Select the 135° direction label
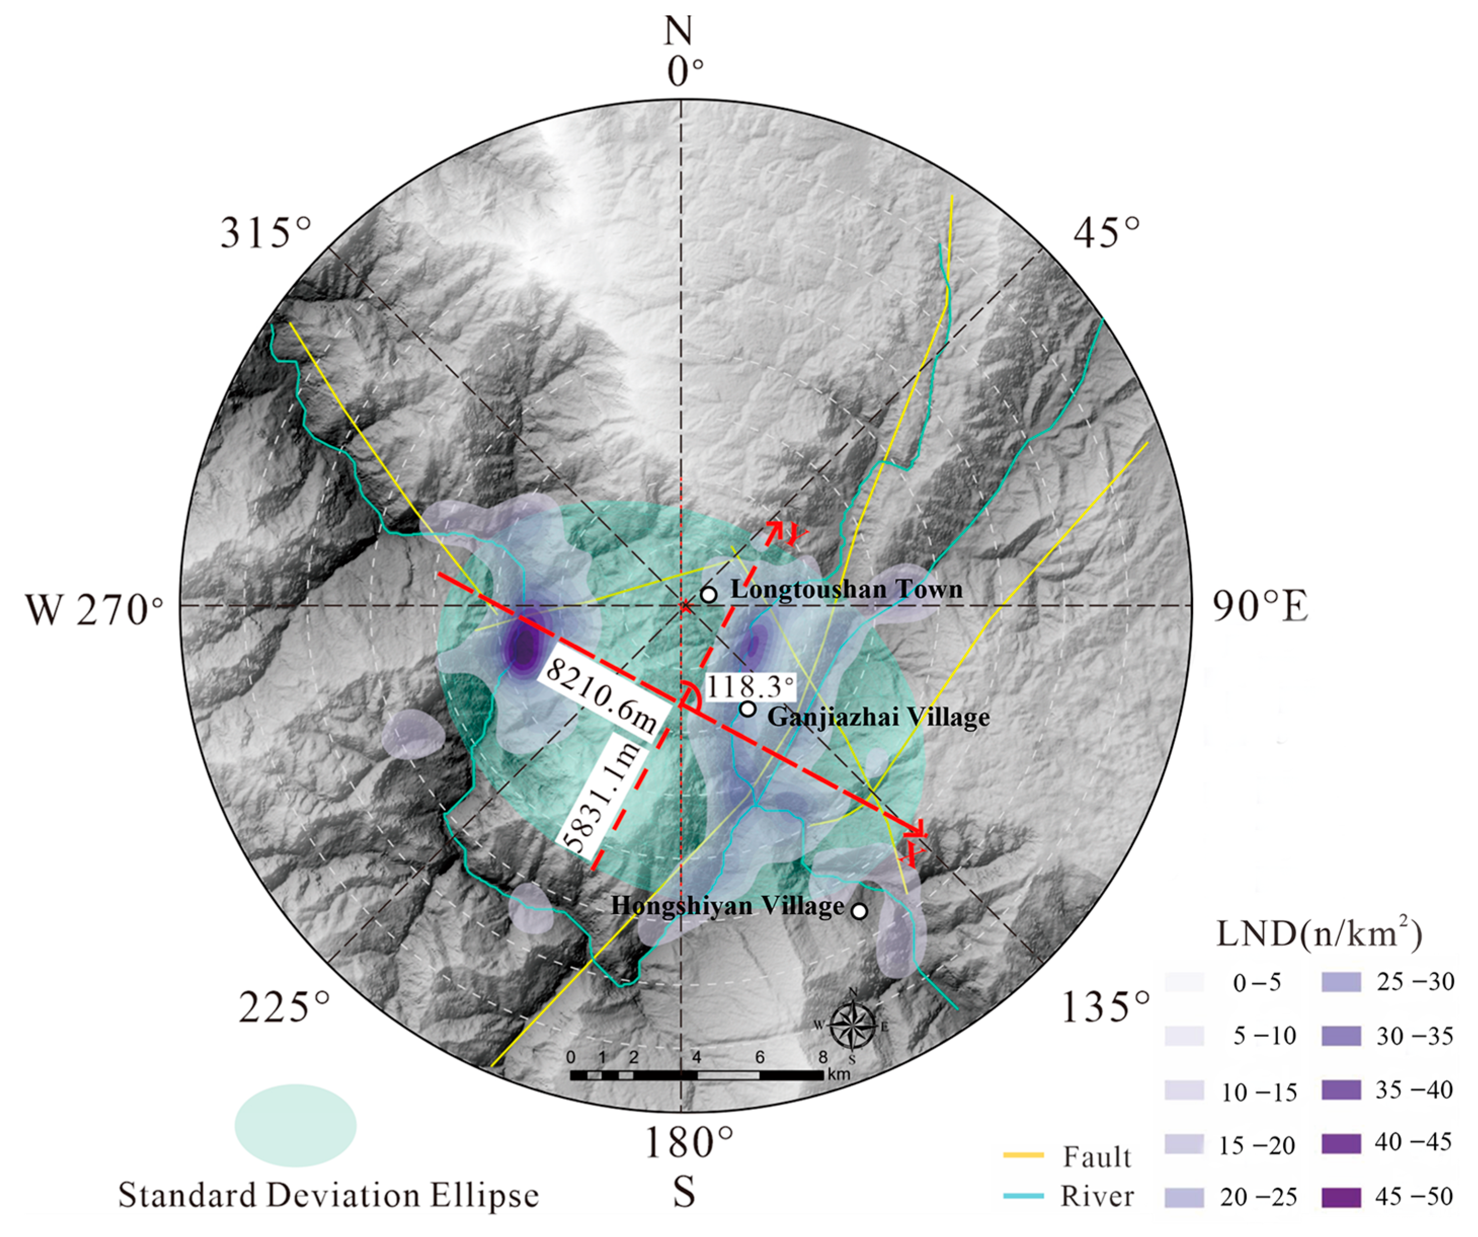tap(1105, 1008)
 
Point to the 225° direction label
tap(283, 1008)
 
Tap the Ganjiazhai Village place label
tap(878, 717)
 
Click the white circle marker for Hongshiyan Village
tap(858, 911)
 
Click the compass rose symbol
tap(852, 1025)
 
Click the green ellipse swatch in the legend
tap(296, 1125)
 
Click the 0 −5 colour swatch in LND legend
tap(1184, 981)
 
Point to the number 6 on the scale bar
tap(759, 1057)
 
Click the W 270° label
tap(94, 609)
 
